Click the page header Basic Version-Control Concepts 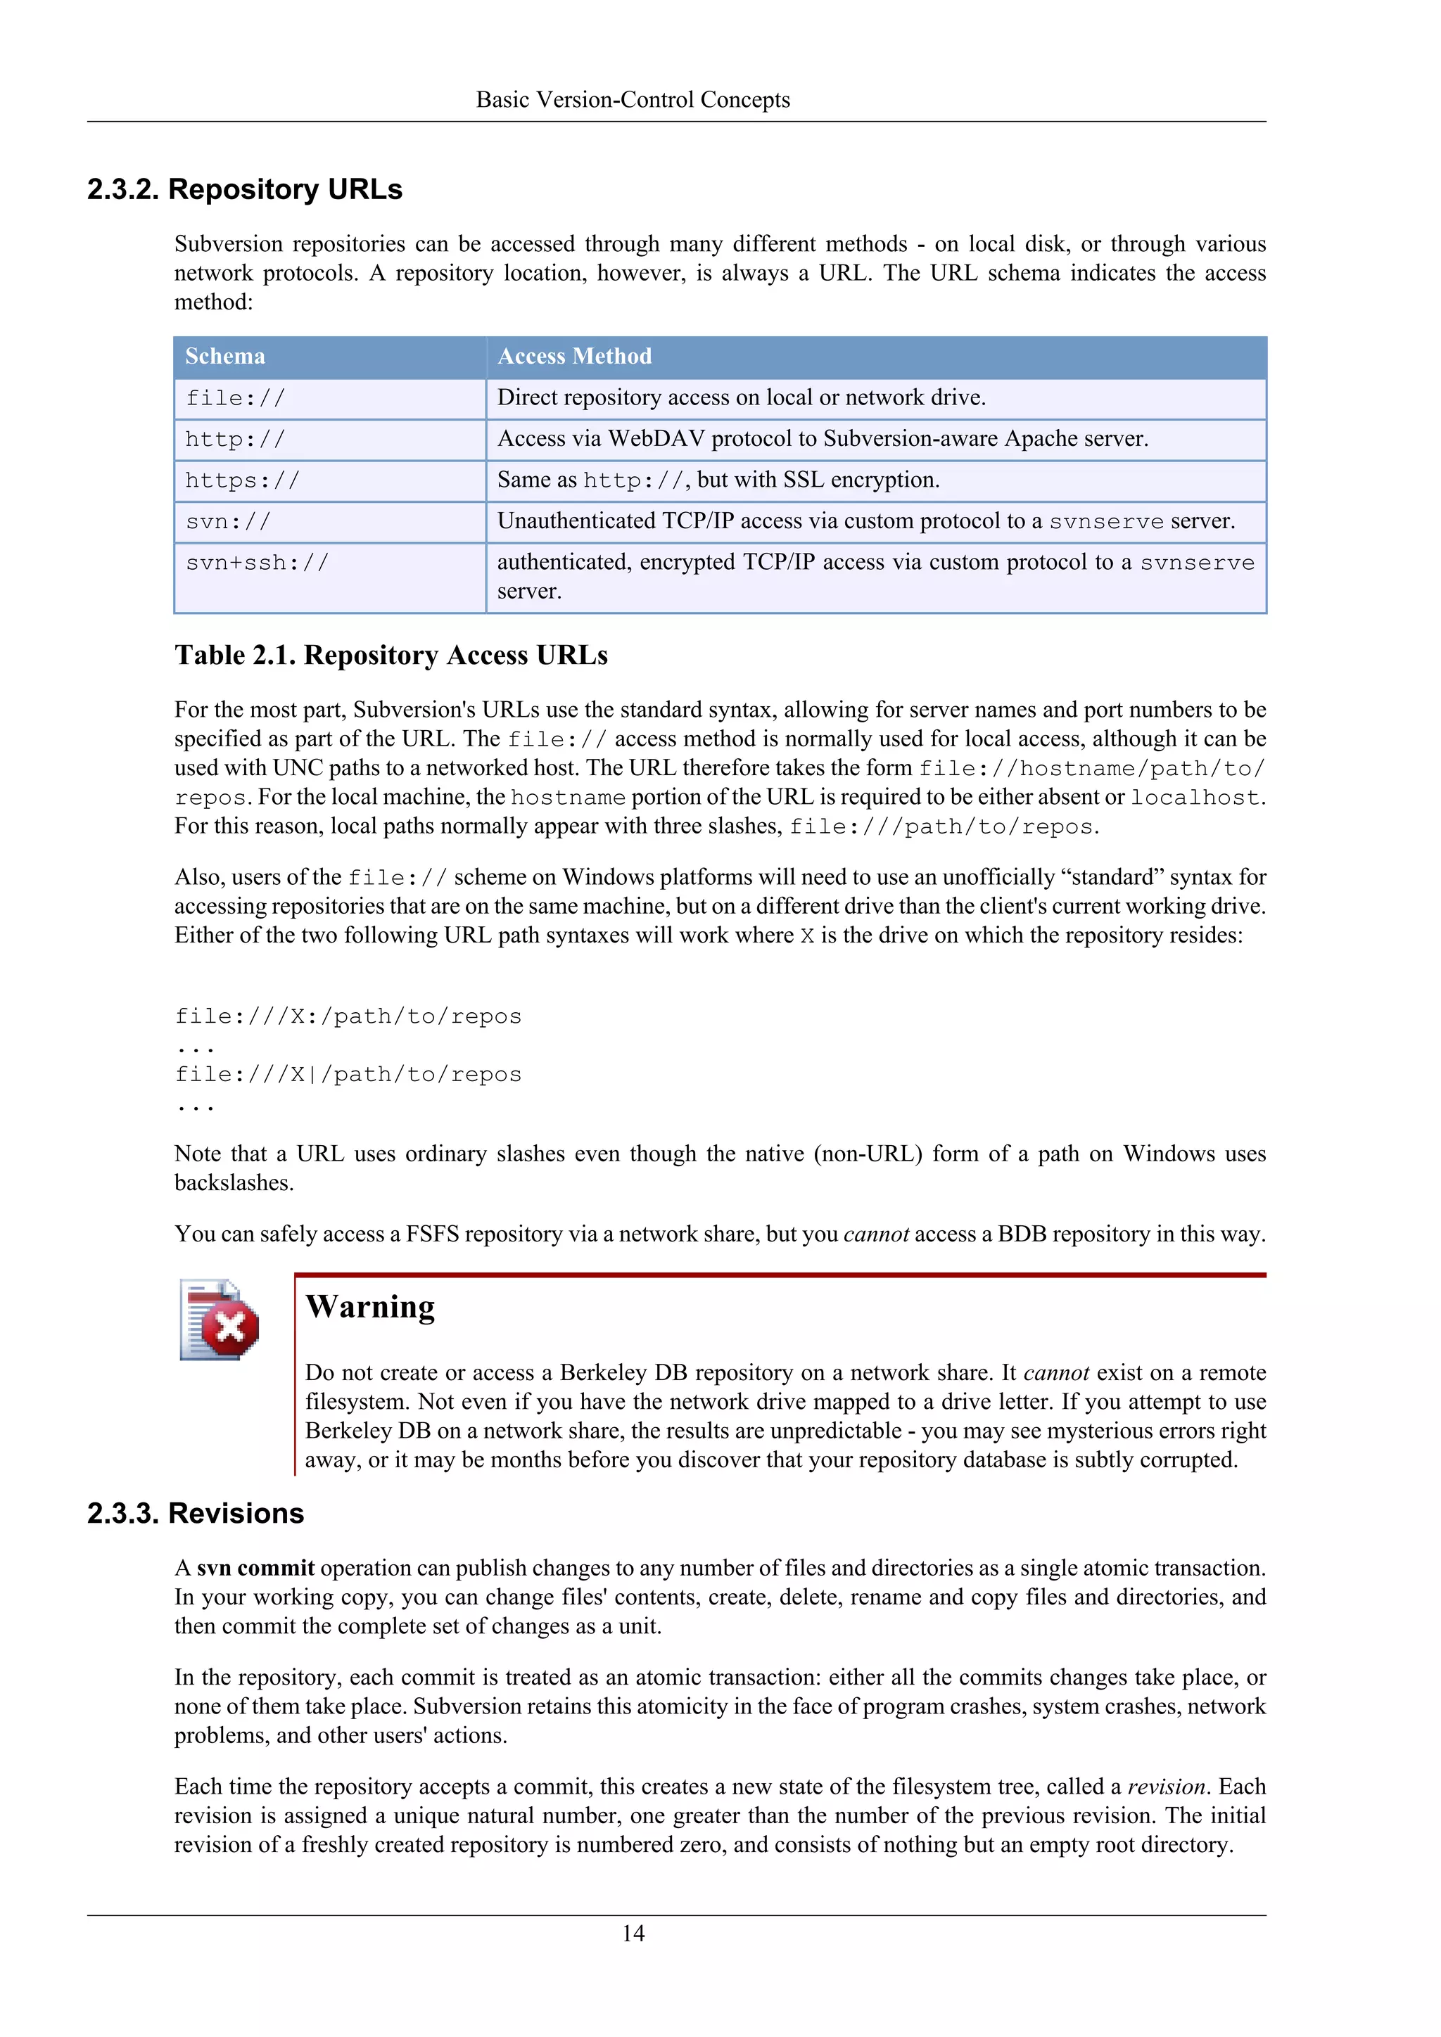point(633,99)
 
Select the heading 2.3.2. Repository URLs point(245,189)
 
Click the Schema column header point(225,357)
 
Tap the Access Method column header point(574,357)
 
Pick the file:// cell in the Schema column point(235,398)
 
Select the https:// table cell point(242,481)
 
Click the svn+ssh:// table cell point(258,563)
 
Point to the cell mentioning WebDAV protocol point(823,439)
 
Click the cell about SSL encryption point(718,480)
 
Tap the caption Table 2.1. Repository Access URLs point(391,656)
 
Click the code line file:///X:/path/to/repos point(348,1016)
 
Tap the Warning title point(370,1307)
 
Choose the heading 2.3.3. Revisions point(195,1513)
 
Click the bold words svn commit point(255,1568)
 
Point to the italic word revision point(1166,1786)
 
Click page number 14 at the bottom point(633,1933)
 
